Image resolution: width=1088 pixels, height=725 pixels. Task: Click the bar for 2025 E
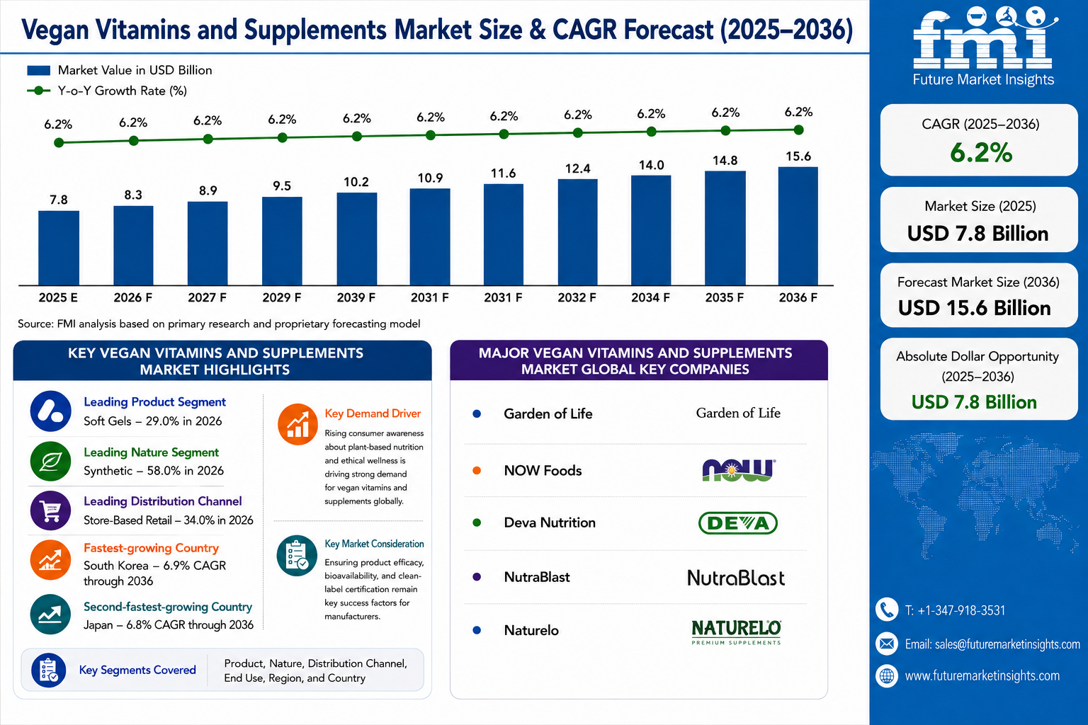click(59, 248)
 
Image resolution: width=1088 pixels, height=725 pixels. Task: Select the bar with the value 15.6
click(798, 226)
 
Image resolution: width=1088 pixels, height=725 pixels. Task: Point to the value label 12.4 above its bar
click(577, 169)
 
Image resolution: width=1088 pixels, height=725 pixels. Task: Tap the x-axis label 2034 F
click(650, 297)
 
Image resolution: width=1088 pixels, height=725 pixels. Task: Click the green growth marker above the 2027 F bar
click(208, 139)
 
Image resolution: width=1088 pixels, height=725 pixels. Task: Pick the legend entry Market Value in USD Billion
click(120, 70)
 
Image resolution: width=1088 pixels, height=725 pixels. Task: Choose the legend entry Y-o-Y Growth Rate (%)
click(107, 91)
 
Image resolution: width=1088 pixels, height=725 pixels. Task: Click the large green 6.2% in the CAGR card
click(981, 152)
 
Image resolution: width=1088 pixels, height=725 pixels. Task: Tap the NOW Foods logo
click(738, 469)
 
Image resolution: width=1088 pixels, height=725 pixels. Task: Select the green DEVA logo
click(738, 523)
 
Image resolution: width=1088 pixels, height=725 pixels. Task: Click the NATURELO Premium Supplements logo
click(737, 632)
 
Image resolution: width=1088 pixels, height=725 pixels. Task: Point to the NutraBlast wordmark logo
click(736, 578)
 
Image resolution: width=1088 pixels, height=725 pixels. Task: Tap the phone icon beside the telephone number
click(887, 610)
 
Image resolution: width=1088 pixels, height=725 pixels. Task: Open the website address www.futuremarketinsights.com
click(982, 675)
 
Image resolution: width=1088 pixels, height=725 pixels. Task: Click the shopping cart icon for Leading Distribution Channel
click(50, 510)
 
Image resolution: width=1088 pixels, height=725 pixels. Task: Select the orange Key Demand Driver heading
click(373, 413)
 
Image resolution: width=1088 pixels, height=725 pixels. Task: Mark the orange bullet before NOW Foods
click(477, 471)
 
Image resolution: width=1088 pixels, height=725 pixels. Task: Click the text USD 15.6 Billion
click(975, 308)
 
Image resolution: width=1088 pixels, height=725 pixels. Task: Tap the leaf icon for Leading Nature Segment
click(50, 461)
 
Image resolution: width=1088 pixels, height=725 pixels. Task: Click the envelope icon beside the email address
click(887, 644)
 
